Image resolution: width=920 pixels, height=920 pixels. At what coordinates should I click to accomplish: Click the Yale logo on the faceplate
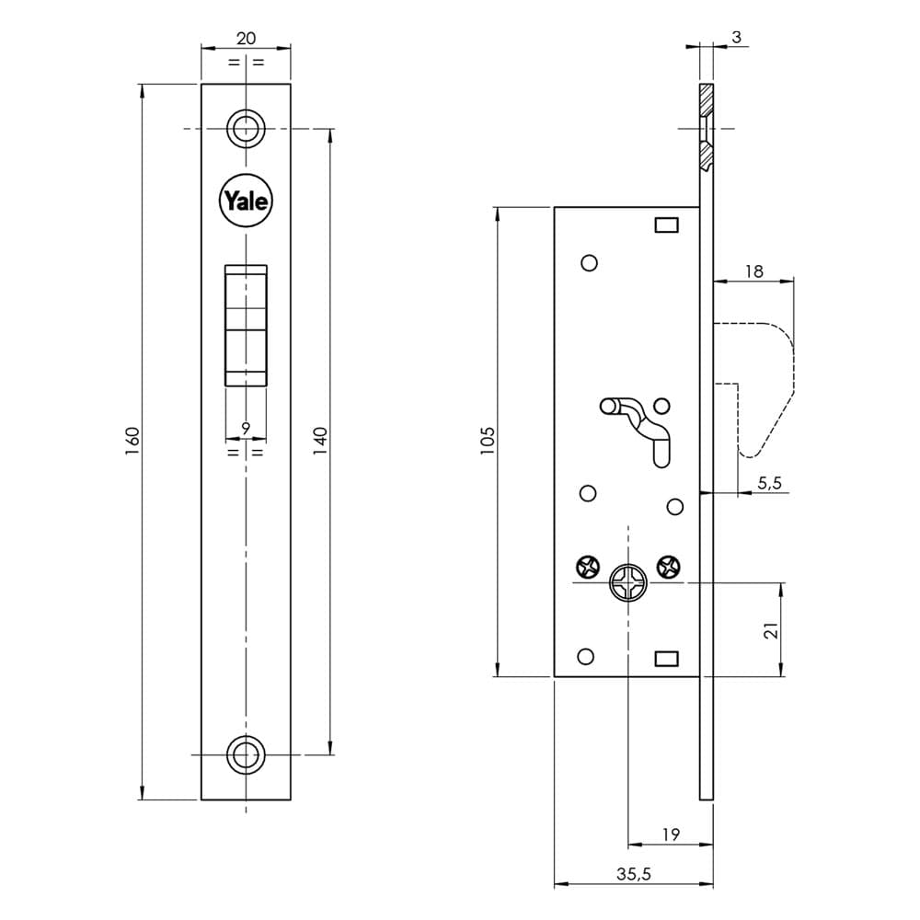tap(246, 201)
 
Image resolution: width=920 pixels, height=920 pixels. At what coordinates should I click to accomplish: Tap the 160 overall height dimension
tap(132, 442)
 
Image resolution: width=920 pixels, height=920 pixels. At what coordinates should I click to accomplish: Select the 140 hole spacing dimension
tap(320, 442)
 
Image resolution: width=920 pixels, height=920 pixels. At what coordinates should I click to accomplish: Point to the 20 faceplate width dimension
tap(246, 38)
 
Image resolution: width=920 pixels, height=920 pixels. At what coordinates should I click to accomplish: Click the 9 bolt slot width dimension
tap(246, 429)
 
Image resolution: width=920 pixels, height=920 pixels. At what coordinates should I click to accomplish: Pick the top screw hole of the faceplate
tap(246, 129)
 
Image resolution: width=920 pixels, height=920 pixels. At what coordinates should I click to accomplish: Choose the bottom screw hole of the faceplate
tap(246, 754)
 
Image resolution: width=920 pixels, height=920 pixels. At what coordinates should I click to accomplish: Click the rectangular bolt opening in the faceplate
tap(246, 325)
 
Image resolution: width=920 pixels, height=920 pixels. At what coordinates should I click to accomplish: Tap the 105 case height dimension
tap(488, 442)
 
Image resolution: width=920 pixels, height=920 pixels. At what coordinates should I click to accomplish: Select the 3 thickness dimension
tap(736, 37)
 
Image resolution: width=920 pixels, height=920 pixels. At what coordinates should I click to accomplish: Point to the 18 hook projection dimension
tap(754, 271)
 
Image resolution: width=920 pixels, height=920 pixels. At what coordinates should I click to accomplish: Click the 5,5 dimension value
tap(769, 483)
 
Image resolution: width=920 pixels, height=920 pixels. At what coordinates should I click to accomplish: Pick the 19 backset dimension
tap(671, 834)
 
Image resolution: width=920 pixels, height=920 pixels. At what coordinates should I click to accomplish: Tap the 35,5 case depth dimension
tap(634, 874)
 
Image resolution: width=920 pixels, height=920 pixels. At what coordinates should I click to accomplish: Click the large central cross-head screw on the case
tap(628, 582)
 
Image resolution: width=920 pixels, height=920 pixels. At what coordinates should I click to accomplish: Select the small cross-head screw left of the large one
tap(587, 567)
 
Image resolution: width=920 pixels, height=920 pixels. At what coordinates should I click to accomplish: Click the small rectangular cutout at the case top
tap(666, 224)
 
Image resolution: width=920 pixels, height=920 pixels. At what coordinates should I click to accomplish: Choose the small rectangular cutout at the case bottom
tap(666, 659)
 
